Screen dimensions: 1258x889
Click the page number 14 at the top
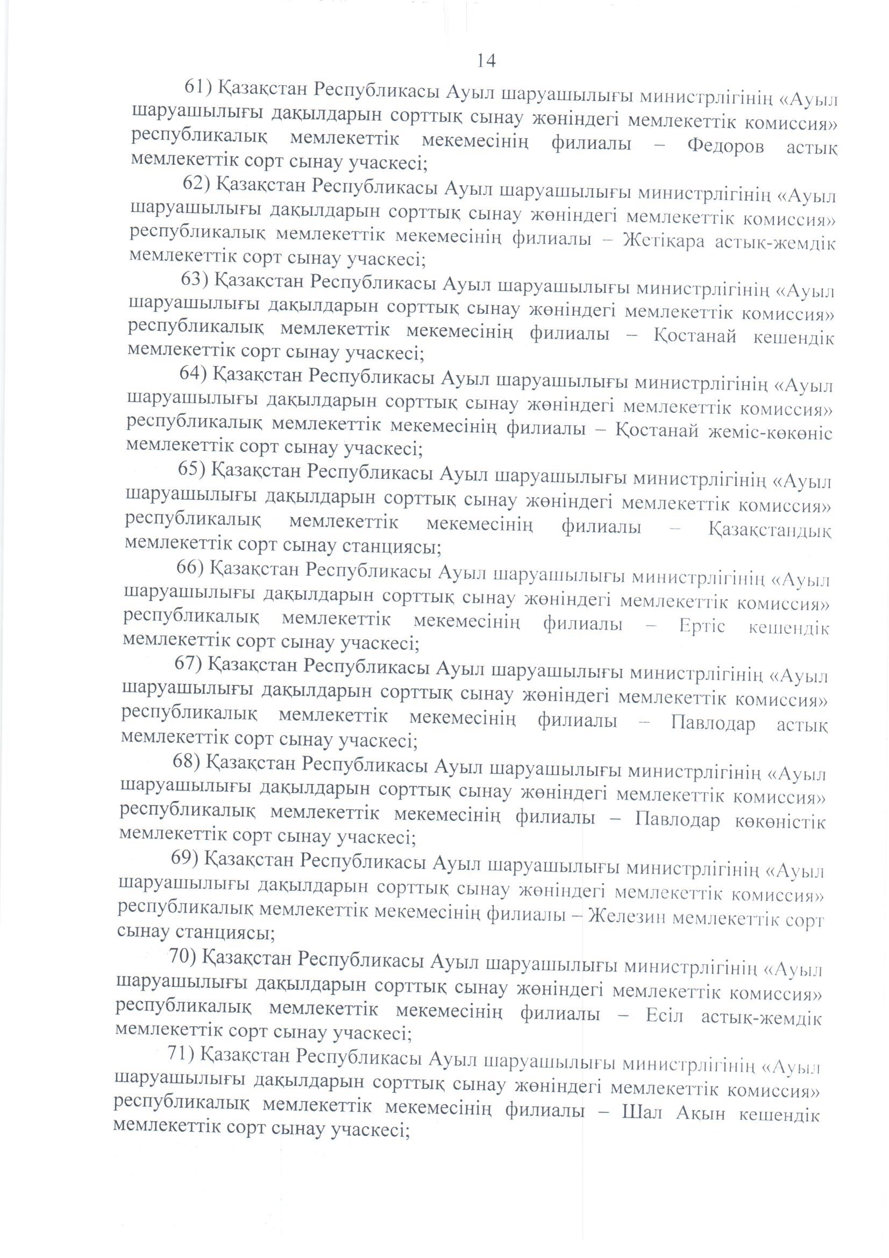point(486,61)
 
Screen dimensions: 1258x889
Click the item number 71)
point(182,1054)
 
